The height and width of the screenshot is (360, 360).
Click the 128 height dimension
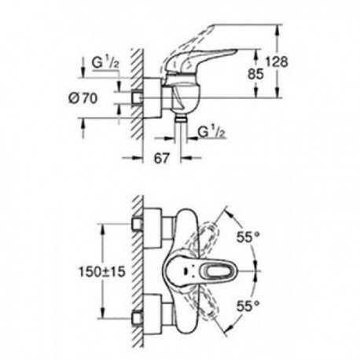click(x=277, y=62)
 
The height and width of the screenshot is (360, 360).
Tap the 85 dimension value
click(x=255, y=74)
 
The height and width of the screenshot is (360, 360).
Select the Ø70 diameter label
click(x=83, y=98)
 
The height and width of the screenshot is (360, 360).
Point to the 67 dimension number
click(x=162, y=158)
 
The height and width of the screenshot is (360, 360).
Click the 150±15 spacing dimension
click(x=102, y=272)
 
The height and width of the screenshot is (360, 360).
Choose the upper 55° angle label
click(x=248, y=237)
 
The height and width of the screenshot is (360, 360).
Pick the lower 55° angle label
click(x=248, y=306)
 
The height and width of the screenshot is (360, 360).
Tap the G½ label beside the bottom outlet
click(x=211, y=132)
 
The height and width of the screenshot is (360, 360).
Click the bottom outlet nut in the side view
click(x=180, y=119)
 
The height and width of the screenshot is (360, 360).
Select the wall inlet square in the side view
click(x=138, y=98)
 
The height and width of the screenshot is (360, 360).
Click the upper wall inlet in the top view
click(x=138, y=223)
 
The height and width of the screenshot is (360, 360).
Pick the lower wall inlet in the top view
click(x=138, y=318)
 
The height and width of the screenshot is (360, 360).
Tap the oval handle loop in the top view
click(x=219, y=270)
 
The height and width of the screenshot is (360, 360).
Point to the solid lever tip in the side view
click(x=235, y=50)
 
